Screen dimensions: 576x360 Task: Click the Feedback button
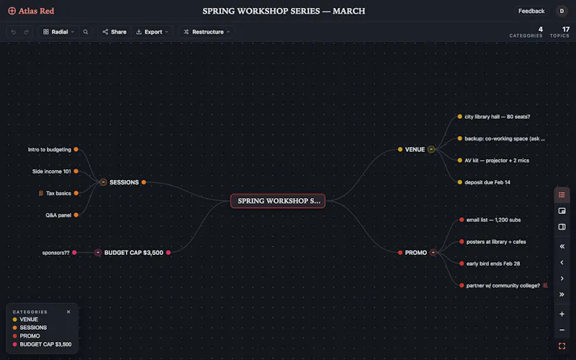531,11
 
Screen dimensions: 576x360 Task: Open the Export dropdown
152,32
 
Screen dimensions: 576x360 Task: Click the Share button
114,32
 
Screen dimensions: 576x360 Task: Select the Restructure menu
207,32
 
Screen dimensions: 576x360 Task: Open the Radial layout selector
59,32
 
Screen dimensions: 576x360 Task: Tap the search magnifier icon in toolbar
86,32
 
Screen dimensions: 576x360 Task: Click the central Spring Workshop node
278,201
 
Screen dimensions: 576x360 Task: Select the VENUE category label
415,150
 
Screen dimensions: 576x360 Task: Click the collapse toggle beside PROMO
433,253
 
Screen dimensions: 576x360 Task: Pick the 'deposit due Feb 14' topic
487,182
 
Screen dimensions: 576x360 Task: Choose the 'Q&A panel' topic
58,215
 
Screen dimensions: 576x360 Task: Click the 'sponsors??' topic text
55,253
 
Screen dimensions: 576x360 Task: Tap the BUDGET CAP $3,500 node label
134,253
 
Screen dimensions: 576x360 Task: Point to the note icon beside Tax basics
41,193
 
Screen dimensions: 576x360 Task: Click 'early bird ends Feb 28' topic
493,264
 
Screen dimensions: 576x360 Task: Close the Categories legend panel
68,312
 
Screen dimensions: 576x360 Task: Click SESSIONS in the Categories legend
33,328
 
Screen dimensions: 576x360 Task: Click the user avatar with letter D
562,11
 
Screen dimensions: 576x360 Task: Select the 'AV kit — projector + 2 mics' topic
497,161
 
